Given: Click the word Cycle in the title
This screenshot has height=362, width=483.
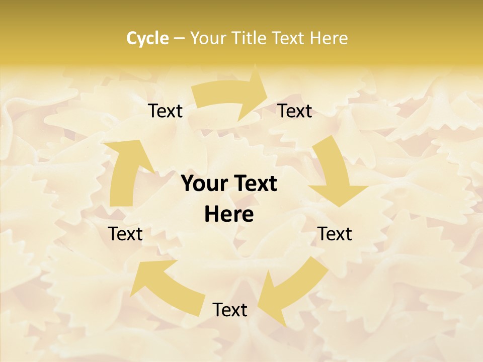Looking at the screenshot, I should click(x=147, y=38).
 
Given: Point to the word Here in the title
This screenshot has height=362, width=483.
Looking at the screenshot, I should click(x=329, y=38).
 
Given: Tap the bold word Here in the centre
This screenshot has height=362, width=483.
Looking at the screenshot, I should click(x=229, y=215).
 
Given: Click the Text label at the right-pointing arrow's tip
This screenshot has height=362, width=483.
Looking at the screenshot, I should click(x=295, y=111).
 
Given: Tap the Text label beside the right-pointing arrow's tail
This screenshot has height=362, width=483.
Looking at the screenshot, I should click(x=165, y=111).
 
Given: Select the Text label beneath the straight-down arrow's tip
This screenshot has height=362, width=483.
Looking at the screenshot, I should click(x=335, y=234).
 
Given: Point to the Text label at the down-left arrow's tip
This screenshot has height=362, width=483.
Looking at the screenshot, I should click(x=230, y=310).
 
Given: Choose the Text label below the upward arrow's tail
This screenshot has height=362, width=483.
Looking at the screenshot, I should click(x=125, y=234).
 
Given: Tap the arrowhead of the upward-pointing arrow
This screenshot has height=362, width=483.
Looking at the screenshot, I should click(x=131, y=153).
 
